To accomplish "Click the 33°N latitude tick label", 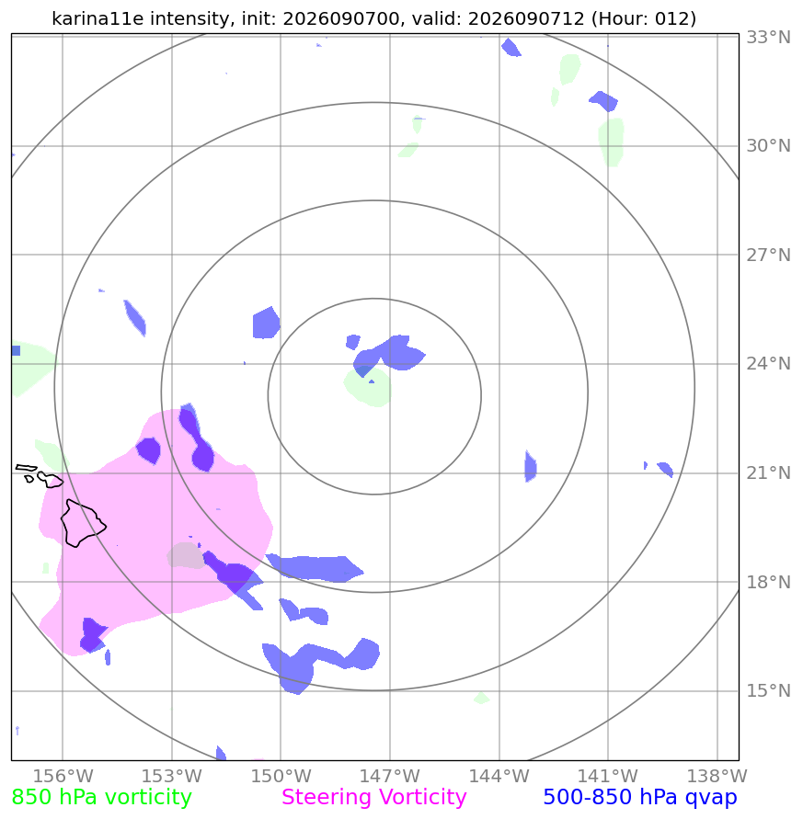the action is click(768, 38).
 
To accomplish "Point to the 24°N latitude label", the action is click(768, 363).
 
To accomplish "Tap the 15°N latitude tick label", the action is click(768, 691).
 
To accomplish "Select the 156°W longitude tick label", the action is click(63, 776).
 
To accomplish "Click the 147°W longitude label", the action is click(389, 776).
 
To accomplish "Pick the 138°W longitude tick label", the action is click(717, 776).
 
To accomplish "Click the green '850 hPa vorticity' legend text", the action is click(101, 798).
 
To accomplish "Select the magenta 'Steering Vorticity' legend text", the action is click(373, 798).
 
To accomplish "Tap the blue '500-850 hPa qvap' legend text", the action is click(640, 798).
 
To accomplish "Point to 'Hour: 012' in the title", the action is click(643, 18).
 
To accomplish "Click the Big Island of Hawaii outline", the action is click(83, 523).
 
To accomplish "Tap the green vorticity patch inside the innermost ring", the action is click(368, 387).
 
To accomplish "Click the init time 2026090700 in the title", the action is click(341, 18).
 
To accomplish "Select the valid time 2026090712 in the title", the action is click(526, 18).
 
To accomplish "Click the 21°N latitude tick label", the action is click(768, 472).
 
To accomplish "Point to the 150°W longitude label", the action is click(281, 776).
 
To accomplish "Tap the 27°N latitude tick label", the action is click(768, 255).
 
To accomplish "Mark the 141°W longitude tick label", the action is click(607, 776).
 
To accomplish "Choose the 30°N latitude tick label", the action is click(768, 146).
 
